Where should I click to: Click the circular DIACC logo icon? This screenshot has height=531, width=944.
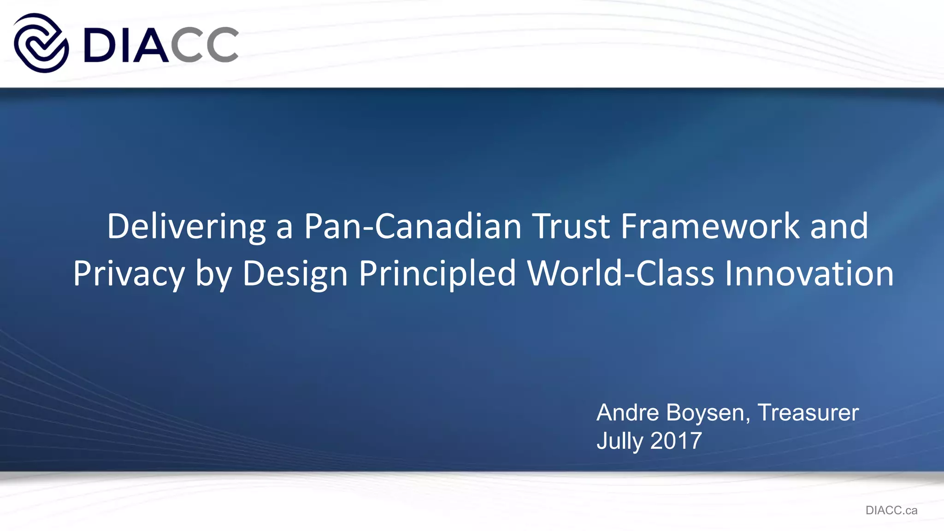[x=41, y=43]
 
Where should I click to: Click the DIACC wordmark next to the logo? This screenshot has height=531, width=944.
[x=161, y=44]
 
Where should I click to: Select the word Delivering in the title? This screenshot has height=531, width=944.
[x=186, y=227]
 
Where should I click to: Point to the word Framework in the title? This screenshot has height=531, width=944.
[x=710, y=227]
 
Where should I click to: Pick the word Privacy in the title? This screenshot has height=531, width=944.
[x=129, y=274]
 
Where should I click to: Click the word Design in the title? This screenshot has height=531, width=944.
[x=295, y=274]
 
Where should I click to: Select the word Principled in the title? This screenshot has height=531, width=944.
[x=437, y=274]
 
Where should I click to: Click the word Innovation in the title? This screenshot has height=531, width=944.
[x=809, y=274]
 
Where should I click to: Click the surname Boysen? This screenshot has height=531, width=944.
[x=708, y=413]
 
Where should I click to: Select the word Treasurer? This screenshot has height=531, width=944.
[x=808, y=413]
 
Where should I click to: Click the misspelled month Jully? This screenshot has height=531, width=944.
[x=619, y=441]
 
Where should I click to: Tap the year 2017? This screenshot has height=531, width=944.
[x=676, y=441]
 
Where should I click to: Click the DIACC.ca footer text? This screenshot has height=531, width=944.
[x=891, y=510]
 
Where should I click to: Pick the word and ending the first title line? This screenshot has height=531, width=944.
[x=839, y=227]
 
